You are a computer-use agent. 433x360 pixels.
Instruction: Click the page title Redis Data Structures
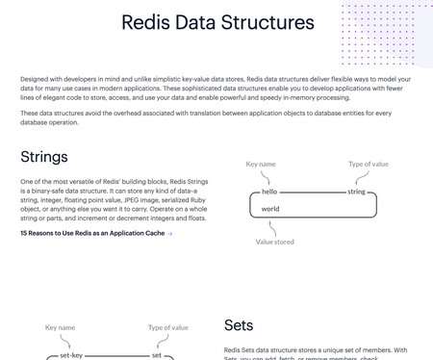[216, 22]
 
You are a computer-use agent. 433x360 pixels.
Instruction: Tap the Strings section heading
[44, 156]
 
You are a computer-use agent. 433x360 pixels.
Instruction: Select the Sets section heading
[239, 325]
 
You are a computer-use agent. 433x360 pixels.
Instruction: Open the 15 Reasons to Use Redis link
[91, 233]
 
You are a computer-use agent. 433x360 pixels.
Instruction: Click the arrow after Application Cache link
[170, 233]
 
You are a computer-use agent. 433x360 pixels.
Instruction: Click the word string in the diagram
[356, 193]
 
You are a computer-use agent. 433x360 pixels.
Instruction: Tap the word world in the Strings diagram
[270, 208]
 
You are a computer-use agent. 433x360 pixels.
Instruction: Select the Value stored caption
[275, 242]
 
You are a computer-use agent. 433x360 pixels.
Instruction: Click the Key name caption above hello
[261, 165]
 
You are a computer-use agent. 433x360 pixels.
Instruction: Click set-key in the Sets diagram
[72, 355]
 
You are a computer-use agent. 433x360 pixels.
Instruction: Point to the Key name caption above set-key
[60, 327]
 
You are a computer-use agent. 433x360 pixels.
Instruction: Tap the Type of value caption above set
[168, 327]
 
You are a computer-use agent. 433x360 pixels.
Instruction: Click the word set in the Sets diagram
[157, 355]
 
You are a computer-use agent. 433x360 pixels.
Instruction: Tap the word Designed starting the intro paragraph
[37, 78]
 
